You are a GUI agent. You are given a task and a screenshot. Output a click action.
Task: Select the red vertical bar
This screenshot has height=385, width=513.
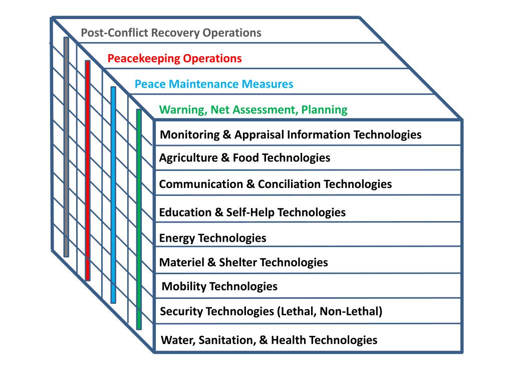point(88,170)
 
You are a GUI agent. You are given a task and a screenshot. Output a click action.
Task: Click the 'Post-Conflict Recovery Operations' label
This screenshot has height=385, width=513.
point(171,34)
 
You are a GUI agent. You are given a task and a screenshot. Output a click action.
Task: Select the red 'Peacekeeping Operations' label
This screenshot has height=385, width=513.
point(174,59)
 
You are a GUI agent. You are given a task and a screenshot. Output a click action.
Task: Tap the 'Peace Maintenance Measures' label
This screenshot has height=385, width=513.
point(214,84)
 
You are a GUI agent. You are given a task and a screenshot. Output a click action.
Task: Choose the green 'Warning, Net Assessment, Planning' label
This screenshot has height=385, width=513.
point(253,110)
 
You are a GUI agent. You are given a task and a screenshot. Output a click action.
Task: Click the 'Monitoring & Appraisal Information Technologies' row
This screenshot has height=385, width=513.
point(290,135)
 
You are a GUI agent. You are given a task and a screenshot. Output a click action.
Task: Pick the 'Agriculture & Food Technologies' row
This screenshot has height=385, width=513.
point(244,158)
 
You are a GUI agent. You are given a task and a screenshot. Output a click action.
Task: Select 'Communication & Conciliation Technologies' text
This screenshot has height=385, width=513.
point(275,184)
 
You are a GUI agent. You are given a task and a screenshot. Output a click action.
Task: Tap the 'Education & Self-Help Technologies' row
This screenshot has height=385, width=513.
point(252,212)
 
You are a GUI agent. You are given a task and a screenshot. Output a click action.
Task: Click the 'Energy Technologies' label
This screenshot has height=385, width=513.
point(212,238)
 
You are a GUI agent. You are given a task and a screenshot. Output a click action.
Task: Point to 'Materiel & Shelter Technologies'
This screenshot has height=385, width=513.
point(243,262)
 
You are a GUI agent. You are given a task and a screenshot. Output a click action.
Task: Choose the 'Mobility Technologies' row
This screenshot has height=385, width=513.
point(220,287)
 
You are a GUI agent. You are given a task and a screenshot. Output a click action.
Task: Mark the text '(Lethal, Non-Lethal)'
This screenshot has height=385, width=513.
point(329,312)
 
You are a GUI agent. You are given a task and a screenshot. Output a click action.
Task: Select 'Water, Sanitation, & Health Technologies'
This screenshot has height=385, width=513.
point(269,340)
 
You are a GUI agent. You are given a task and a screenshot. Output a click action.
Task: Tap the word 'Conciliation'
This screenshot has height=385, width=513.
point(289,184)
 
